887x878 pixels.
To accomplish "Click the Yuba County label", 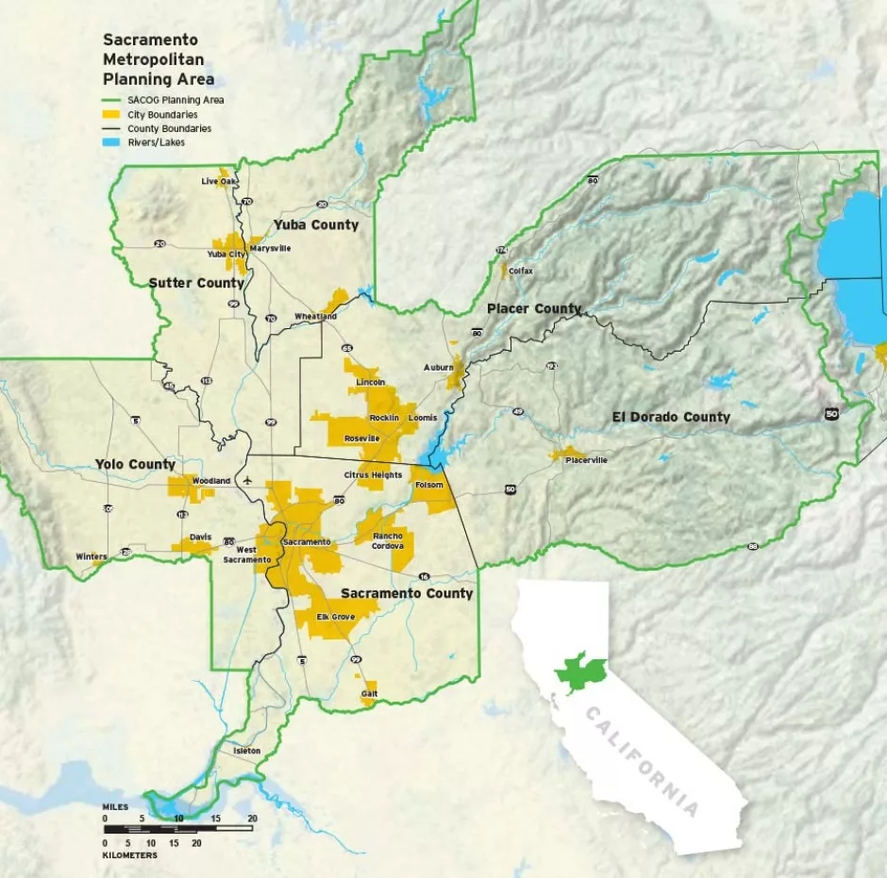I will click(316, 224).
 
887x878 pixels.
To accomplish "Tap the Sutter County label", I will click(196, 283).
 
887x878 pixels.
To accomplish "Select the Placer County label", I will click(533, 309).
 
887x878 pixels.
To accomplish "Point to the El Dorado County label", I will click(671, 417).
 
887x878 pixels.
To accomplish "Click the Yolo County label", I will click(135, 464).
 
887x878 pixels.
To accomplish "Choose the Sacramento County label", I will click(407, 593).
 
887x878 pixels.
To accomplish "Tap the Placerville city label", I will click(586, 460).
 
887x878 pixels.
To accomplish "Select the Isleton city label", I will click(247, 751).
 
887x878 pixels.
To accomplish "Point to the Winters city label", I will click(92, 556).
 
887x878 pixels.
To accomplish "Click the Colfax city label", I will click(521, 271).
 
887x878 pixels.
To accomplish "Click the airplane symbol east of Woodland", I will click(247, 480).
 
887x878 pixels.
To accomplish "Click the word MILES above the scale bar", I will click(116, 808).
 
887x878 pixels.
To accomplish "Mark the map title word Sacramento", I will click(150, 41).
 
